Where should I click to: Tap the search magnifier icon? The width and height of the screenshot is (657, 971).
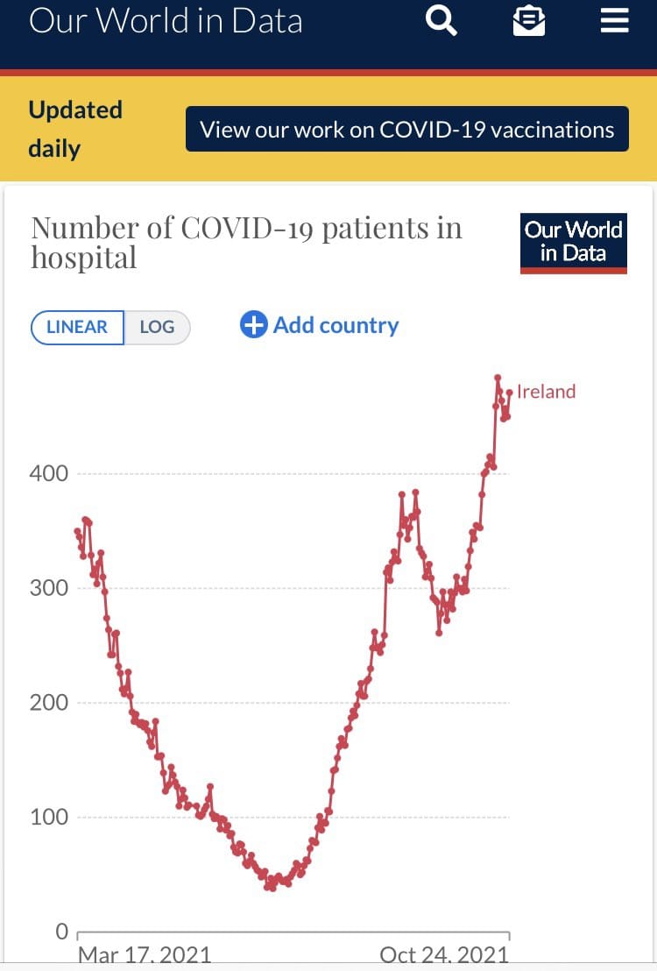(x=441, y=20)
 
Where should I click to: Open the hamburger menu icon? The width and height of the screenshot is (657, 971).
(x=614, y=20)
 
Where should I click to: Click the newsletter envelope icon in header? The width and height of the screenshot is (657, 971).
(x=528, y=20)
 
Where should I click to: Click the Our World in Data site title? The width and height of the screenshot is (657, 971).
(x=166, y=21)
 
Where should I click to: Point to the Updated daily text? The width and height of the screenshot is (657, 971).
(x=75, y=129)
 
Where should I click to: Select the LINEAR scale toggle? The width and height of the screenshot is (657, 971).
(x=77, y=327)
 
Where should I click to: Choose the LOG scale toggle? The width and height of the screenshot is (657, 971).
(x=157, y=327)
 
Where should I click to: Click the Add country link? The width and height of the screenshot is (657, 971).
(x=336, y=325)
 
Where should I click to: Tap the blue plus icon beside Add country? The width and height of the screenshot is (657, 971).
(x=253, y=325)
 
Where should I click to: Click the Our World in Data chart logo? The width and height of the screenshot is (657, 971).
(x=573, y=242)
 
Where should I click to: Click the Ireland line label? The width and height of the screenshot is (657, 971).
(x=546, y=392)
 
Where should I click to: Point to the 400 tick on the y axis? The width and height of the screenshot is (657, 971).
(x=49, y=473)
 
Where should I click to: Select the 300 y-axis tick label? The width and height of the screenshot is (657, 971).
(x=49, y=588)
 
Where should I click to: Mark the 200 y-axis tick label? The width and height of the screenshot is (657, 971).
(x=49, y=703)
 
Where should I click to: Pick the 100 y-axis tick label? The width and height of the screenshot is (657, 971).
(x=49, y=818)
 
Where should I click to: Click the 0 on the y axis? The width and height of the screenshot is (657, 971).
(x=61, y=932)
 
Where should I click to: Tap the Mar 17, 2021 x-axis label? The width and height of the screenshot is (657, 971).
(x=145, y=954)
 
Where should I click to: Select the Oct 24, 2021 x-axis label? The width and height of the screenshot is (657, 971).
(x=443, y=954)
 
